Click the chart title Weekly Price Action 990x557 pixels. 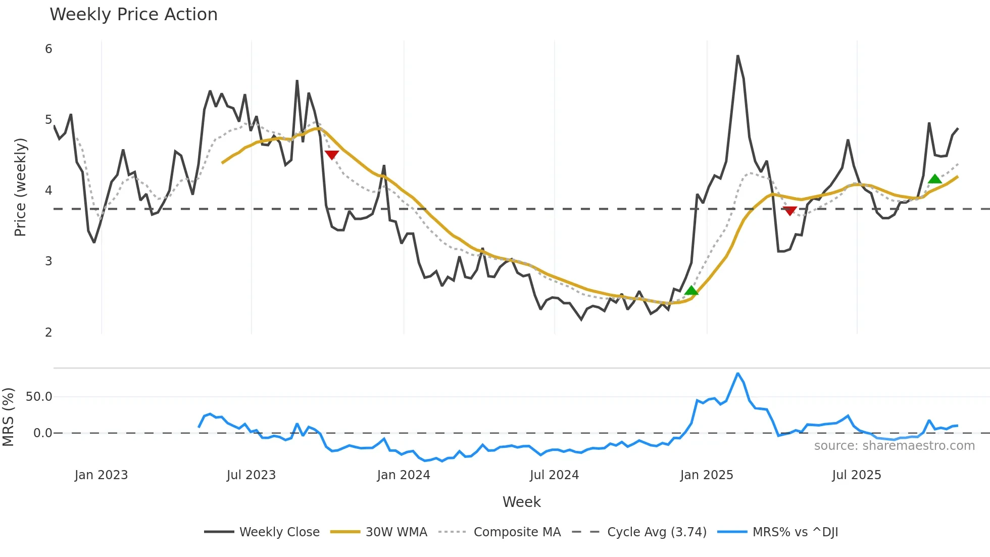pos(133,15)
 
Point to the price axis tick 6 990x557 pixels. pos(48,49)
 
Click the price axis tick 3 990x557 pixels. pos(48,261)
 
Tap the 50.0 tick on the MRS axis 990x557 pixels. pos(39,397)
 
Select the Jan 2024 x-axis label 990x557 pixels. pos(403,475)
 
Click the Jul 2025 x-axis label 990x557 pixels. pos(856,475)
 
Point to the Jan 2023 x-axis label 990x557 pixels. pos(101,475)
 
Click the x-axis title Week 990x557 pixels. pos(521,502)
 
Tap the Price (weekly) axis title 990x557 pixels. pos(20,187)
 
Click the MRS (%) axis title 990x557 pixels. pos(8,417)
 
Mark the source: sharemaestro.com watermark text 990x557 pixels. pos(894,446)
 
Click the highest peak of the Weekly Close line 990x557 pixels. pos(737,56)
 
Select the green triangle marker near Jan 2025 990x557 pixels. pos(691,290)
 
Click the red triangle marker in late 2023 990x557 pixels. pos(331,155)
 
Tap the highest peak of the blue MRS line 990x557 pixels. pos(737,374)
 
